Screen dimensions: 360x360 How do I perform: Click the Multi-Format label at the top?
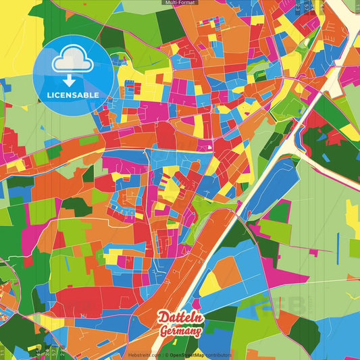pyautogui.click(x=180, y=3)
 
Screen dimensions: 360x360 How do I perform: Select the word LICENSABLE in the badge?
pyautogui.click(x=73, y=95)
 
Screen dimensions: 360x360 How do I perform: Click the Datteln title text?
pyautogui.click(x=180, y=317)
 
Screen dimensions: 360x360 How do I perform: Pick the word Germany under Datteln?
pyautogui.click(x=180, y=331)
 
